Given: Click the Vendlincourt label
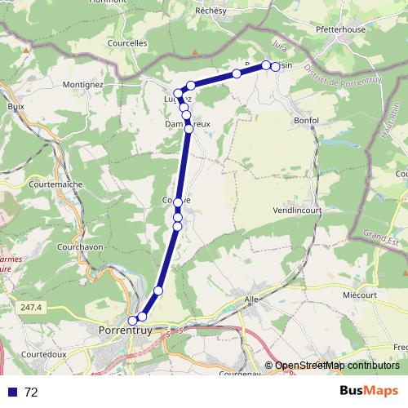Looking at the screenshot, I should [x=300, y=209].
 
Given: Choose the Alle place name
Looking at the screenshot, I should [x=251, y=300].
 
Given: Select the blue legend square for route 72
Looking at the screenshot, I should [x=13, y=392].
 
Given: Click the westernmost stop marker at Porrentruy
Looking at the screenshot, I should [x=133, y=321].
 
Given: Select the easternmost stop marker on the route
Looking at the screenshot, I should [x=275, y=66].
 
